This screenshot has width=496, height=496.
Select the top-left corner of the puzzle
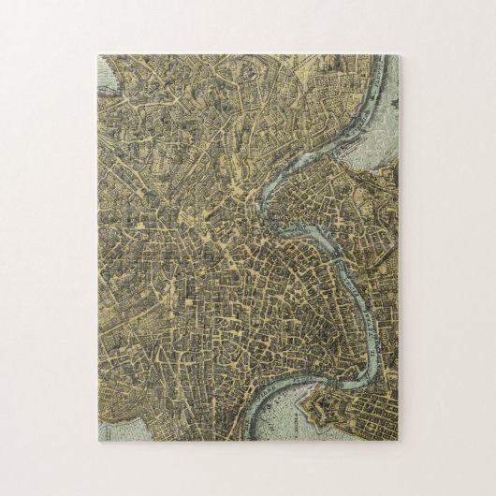point(96,54)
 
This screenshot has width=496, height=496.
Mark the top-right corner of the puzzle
point(401,54)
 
